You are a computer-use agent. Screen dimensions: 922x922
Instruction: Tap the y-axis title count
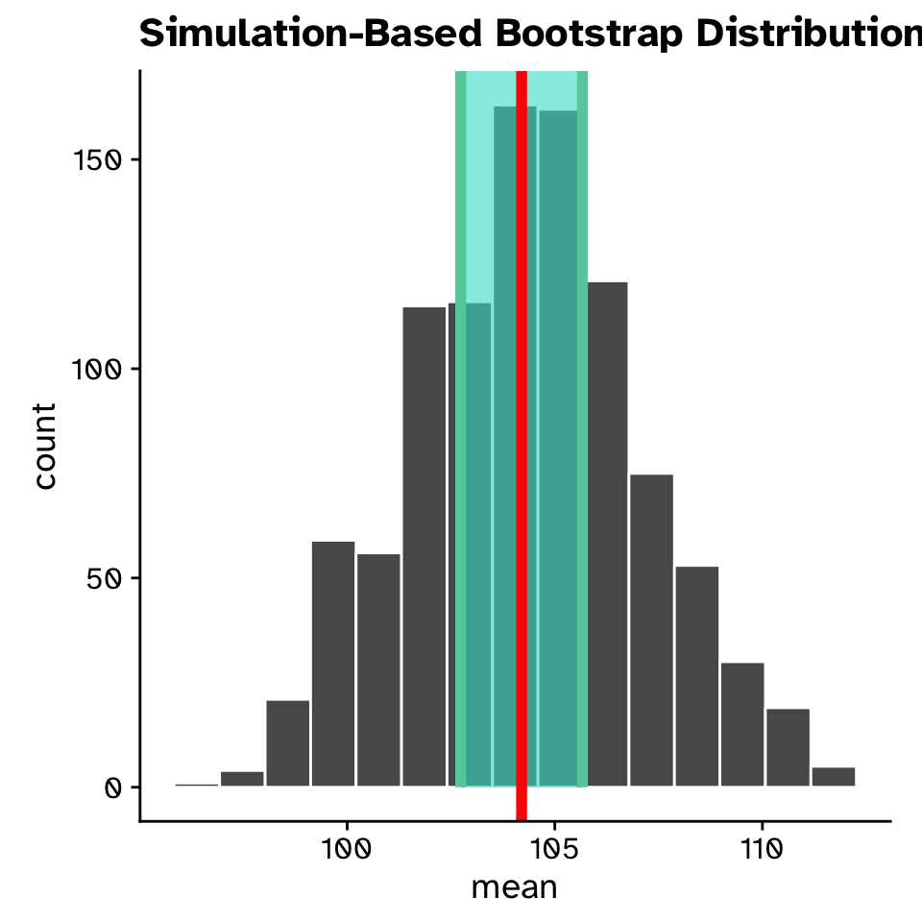44,446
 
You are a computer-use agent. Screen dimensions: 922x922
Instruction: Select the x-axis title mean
515,886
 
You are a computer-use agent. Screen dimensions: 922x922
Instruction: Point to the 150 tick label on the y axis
98,159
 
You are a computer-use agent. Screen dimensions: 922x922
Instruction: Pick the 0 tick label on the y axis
113,788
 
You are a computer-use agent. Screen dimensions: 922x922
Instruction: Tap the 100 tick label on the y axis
98,369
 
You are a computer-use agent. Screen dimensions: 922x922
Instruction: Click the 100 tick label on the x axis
347,850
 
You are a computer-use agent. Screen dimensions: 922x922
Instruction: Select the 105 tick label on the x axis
554,850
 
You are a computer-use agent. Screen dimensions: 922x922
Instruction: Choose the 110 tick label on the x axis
762,850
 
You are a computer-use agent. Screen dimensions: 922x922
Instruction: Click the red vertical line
522,432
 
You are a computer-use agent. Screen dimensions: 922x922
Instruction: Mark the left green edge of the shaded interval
461,432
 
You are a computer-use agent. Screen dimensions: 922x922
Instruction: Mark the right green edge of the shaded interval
583,432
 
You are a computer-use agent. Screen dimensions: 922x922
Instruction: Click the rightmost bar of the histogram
834,777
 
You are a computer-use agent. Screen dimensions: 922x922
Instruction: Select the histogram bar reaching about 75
651,630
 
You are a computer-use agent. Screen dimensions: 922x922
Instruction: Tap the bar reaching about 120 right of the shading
608,534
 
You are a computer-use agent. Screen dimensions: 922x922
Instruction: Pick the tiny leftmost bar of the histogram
197,785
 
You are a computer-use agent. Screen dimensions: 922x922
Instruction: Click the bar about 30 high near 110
742,724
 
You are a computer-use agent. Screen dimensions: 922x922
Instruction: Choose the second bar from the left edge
242,779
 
